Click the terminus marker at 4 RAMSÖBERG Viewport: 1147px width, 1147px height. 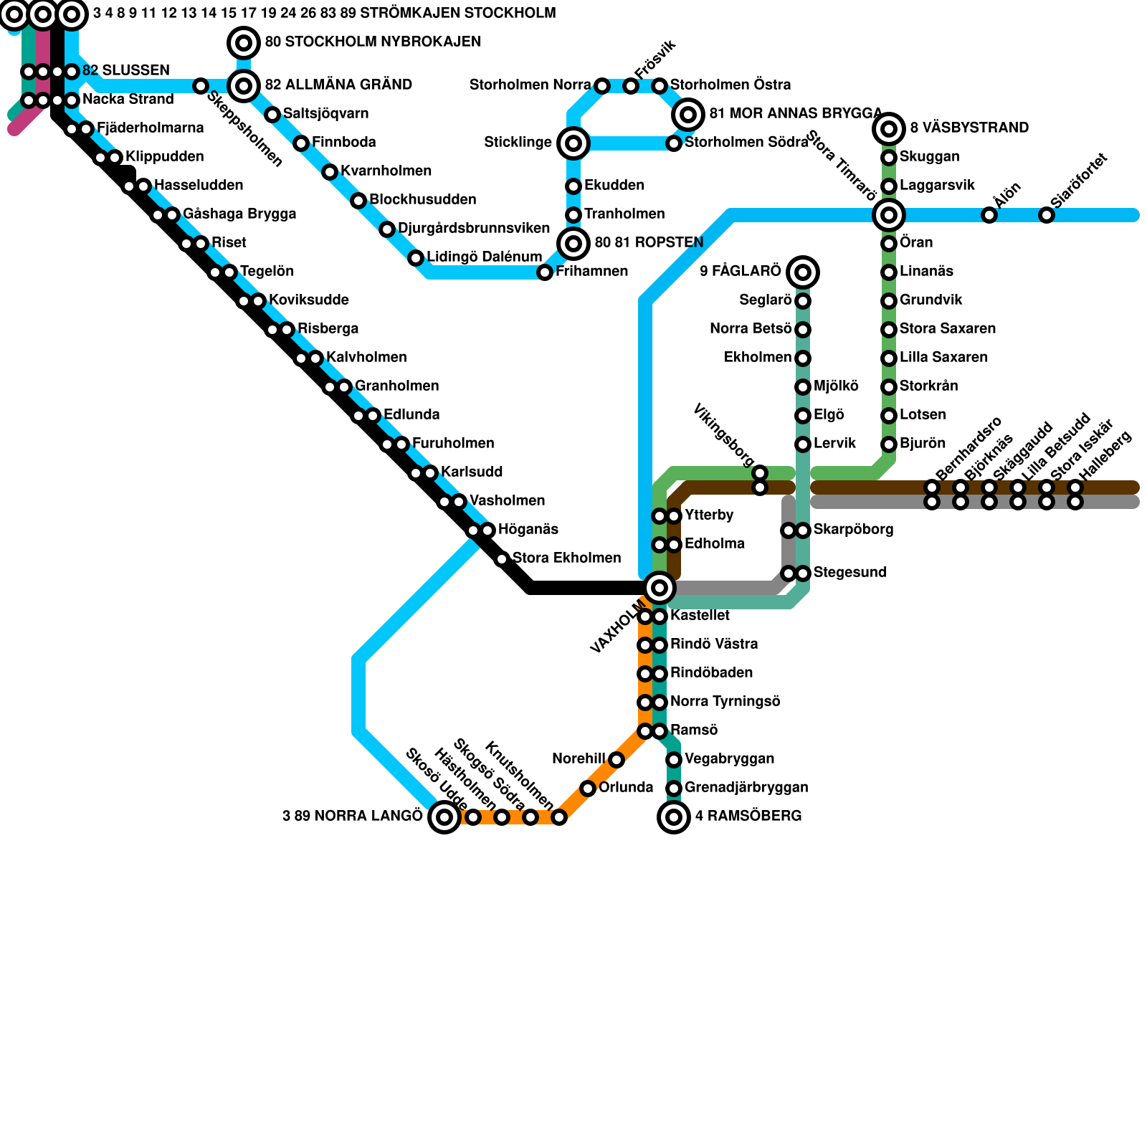[674, 817]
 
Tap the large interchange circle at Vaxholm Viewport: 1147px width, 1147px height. [660, 588]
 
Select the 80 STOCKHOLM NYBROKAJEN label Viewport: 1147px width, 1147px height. [372, 42]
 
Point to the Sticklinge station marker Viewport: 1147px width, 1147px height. [573, 143]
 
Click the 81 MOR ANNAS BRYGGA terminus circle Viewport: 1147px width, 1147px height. [688, 114]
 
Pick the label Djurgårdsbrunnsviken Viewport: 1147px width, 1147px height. [473, 229]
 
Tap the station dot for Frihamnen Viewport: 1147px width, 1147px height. [545, 272]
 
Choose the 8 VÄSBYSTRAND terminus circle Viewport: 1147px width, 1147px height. [889, 129]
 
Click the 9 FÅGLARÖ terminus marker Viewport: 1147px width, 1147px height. [803, 272]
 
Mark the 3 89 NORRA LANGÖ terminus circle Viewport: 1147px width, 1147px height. [444, 817]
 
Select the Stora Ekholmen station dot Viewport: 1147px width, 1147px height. [502, 559]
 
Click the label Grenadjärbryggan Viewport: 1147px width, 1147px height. [746, 788]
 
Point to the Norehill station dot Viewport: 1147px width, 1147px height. [617, 760]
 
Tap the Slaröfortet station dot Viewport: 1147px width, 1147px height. [1047, 215]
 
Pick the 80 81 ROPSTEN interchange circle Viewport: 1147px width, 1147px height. [573, 244]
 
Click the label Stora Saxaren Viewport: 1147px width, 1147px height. [947, 329]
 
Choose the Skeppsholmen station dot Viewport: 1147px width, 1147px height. [201, 86]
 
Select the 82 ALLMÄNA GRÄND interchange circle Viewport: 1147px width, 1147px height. [244, 86]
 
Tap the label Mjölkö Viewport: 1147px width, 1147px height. [836, 386]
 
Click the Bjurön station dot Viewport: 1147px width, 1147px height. [889, 444]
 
